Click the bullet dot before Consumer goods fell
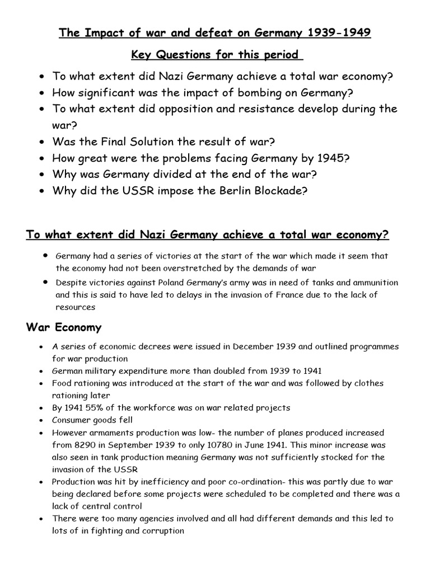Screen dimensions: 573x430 [41, 420]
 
